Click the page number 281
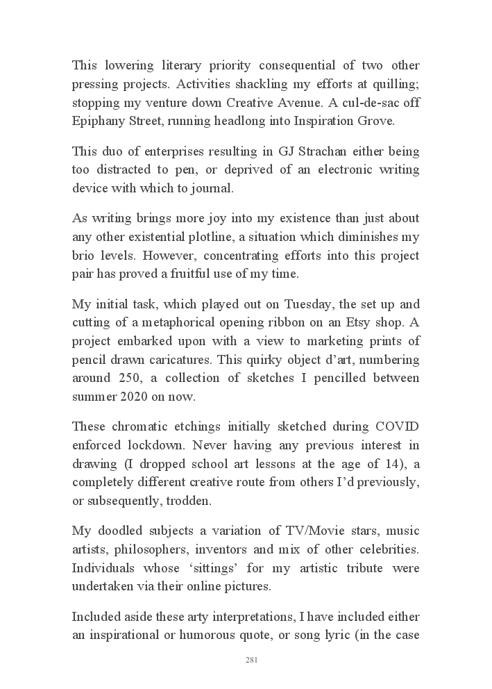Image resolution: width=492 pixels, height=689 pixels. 252,660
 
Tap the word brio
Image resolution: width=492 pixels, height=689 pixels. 85,255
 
